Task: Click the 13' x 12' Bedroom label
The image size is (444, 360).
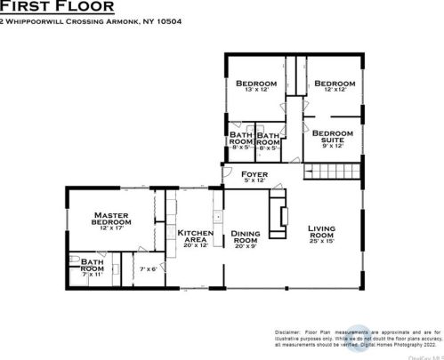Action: point(255,86)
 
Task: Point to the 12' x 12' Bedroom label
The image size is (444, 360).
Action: point(334,86)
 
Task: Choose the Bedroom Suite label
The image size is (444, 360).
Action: point(332,137)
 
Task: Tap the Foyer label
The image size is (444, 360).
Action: point(254,176)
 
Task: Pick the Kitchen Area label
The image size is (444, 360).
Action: point(196,236)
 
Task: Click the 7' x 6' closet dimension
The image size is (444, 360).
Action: point(149,268)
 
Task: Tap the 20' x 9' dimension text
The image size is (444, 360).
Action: point(246,246)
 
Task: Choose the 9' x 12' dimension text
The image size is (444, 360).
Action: point(332,146)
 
